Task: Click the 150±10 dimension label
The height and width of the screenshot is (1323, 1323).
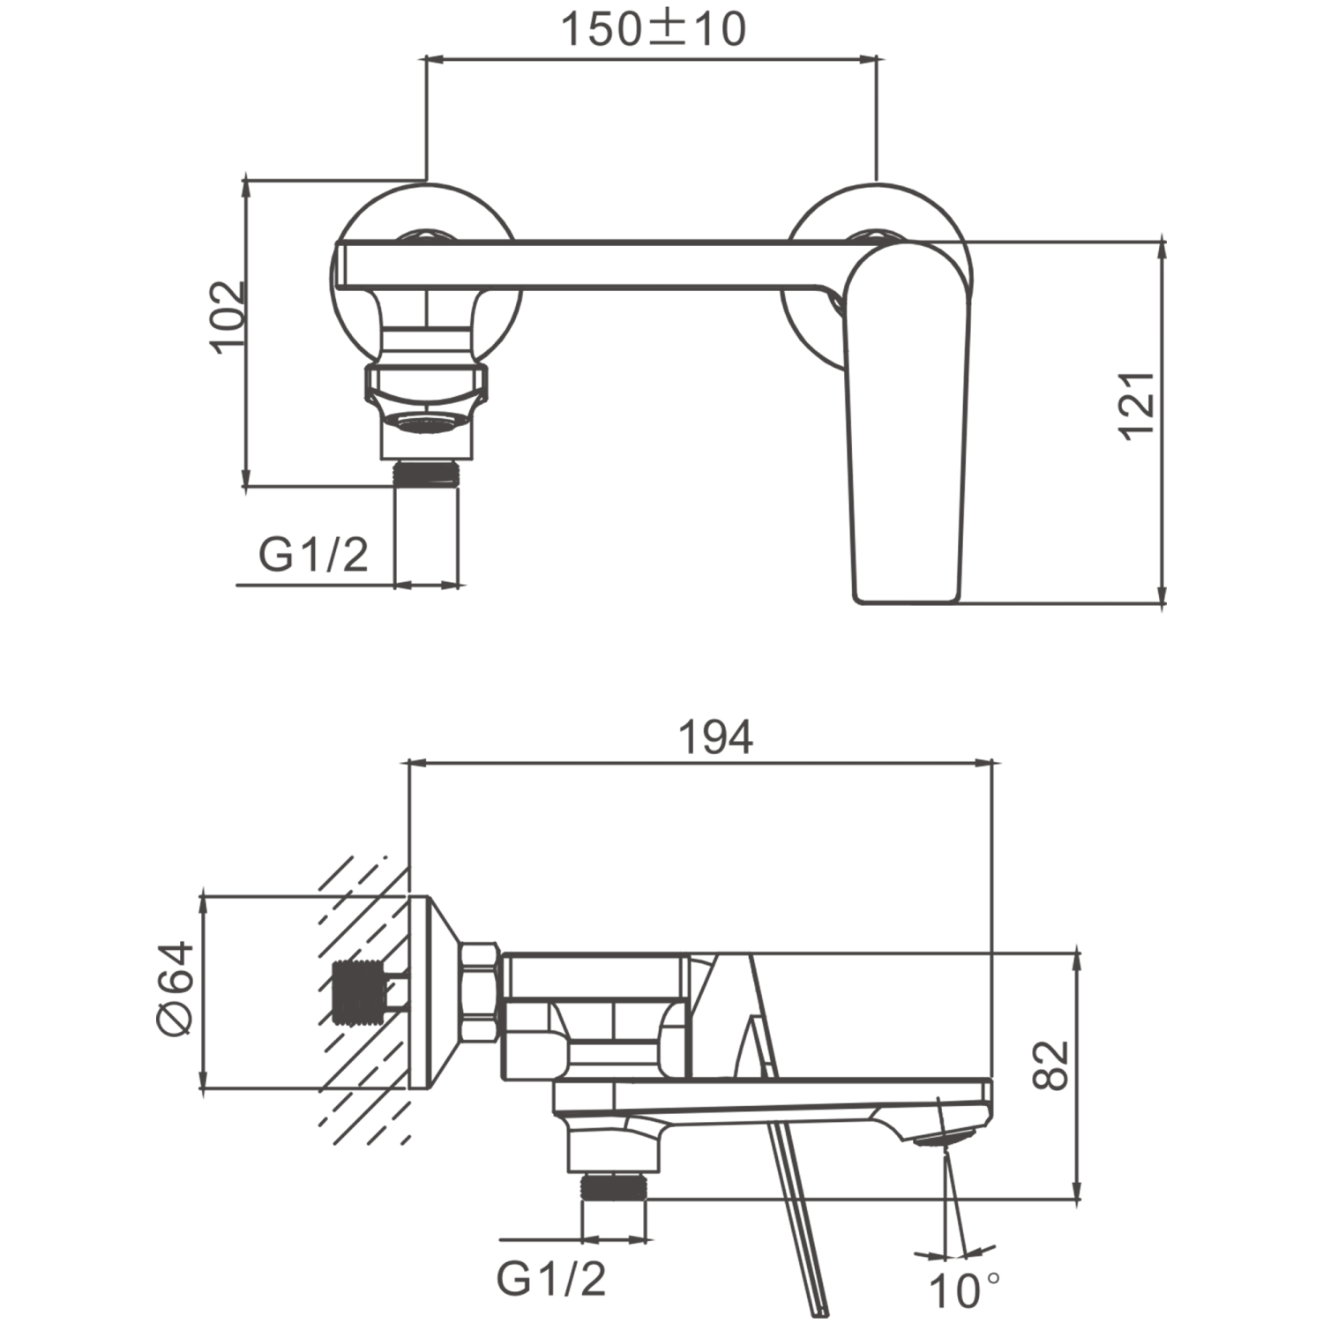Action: [654, 30]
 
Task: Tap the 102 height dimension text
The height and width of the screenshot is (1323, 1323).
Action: [228, 316]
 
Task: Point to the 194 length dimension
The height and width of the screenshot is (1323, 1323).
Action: [715, 737]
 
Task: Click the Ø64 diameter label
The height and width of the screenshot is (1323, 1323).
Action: [175, 988]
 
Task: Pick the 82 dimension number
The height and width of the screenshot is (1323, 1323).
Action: [1050, 1065]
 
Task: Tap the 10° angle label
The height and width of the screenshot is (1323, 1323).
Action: [965, 1292]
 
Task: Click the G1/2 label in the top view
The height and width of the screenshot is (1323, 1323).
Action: [313, 555]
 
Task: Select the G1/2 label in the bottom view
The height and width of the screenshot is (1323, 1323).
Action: [552, 1277]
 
